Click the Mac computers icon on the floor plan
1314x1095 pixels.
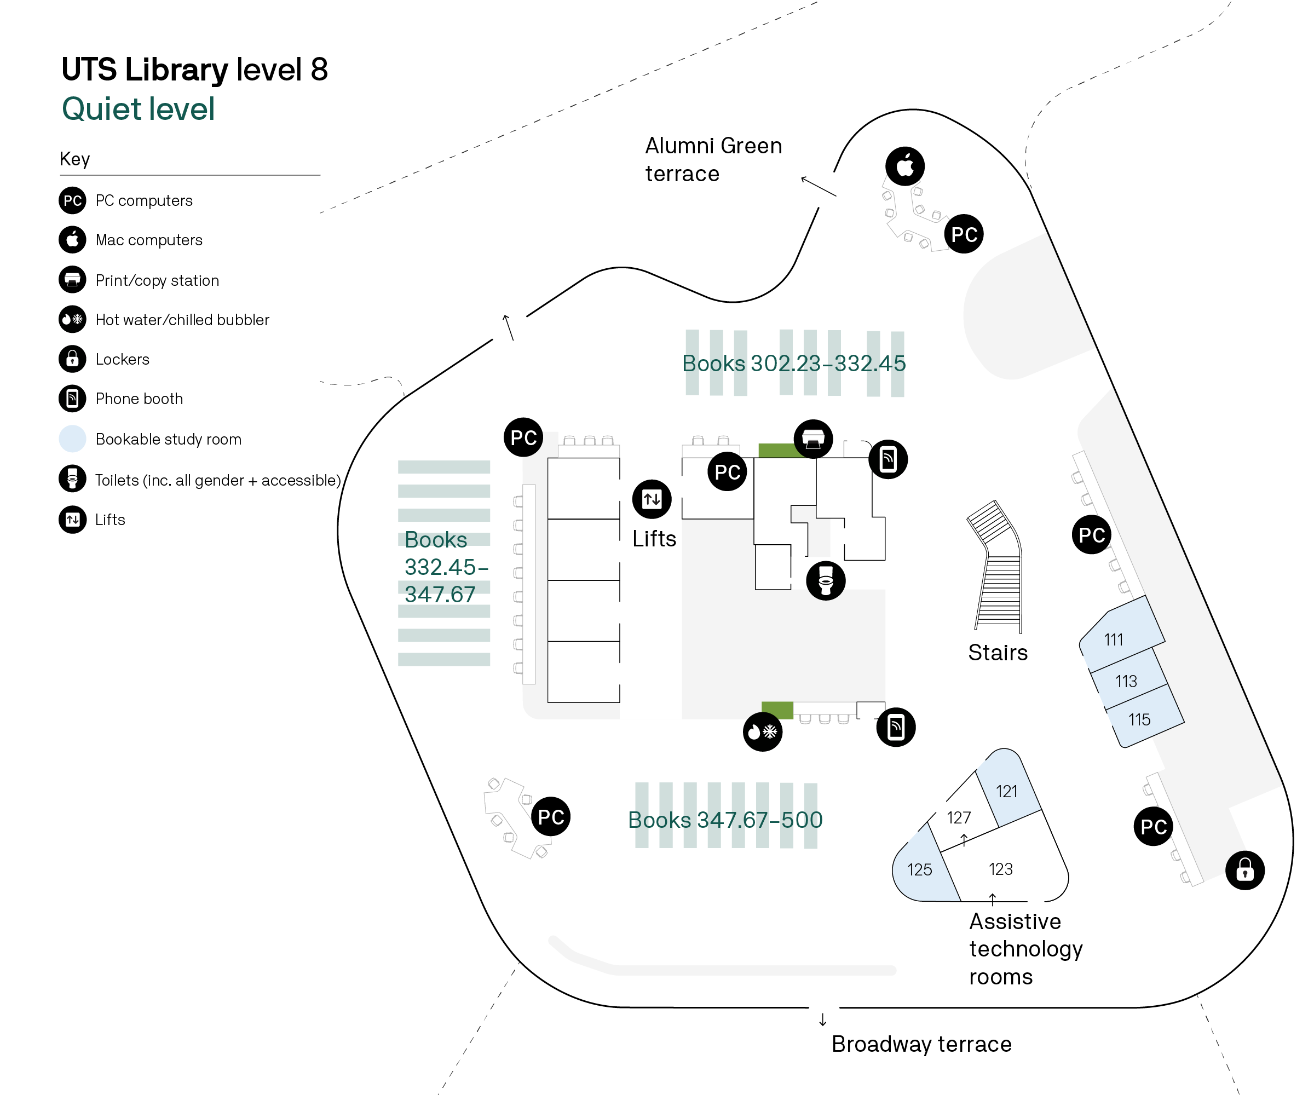905,166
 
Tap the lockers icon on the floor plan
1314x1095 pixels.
1244,870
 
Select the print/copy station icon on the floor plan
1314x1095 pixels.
813,439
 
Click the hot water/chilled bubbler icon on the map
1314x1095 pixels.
762,731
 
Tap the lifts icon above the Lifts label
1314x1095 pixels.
652,499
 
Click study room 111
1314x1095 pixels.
1113,639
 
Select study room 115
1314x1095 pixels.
1139,719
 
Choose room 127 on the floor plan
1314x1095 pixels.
959,817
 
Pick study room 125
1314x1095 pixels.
919,869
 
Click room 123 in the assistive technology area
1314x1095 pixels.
1000,868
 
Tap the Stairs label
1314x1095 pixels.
998,653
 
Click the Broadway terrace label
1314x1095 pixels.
921,1044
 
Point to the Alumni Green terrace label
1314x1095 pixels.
713,159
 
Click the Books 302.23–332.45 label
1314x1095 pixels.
793,363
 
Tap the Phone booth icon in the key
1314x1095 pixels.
73,399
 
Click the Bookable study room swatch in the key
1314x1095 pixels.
73,439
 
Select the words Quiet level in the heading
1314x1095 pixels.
139,109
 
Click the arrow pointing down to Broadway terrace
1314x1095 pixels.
822,1020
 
